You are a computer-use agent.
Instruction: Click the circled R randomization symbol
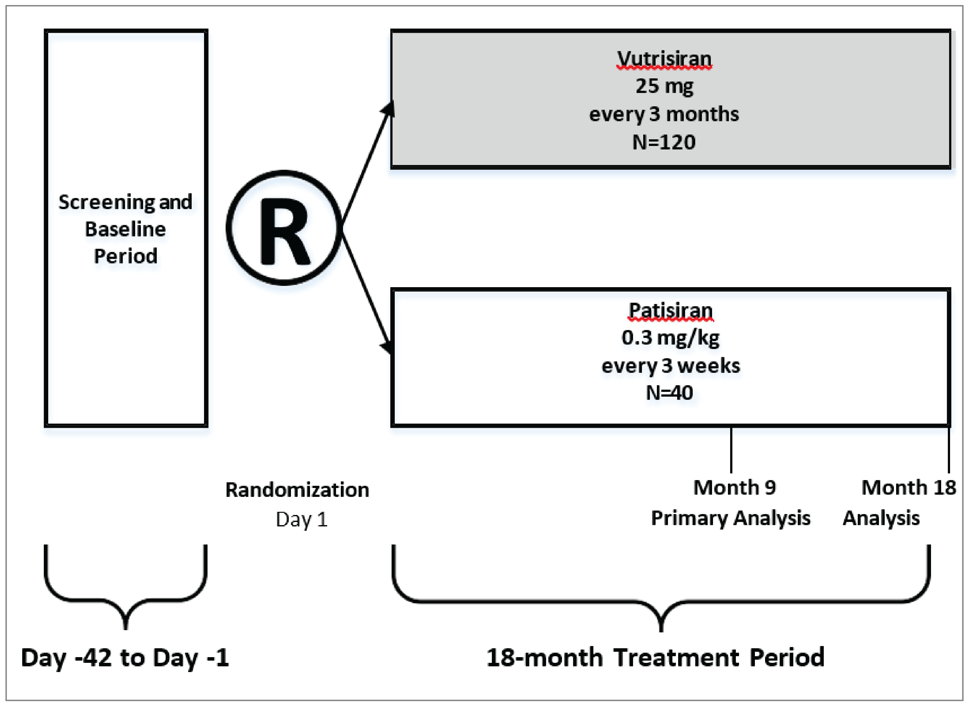point(284,228)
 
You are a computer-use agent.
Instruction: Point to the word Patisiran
point(670,310)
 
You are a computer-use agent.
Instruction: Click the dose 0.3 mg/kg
point(670,338)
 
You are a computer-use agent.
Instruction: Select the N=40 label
point(669,393)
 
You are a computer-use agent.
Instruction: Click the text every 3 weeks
point(670,366)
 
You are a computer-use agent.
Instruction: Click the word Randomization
point(297,490)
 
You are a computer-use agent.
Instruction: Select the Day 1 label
point(301,519)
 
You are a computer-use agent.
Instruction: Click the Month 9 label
point(734,488)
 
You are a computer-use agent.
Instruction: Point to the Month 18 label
point(908,488)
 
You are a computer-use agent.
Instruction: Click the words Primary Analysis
point(730,518)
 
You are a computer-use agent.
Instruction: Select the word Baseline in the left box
point(125,229)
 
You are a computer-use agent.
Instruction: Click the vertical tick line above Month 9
point(731,450)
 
